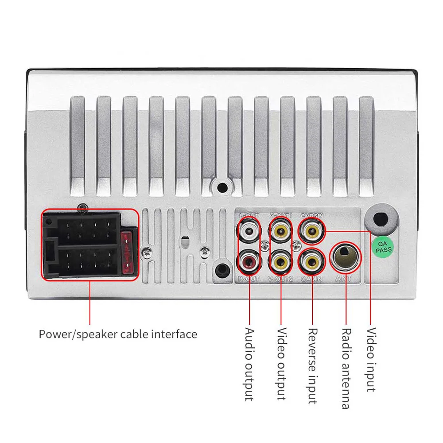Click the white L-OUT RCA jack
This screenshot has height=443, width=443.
click(249, 230)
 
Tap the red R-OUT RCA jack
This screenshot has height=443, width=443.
click(249, 262)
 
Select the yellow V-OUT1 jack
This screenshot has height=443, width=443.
click(280, 230)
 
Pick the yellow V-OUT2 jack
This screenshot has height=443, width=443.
click(280, 262)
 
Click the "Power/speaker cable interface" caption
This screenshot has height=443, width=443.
click(118, 334)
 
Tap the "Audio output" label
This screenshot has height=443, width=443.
click(249, 364)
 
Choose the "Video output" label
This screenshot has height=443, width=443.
click(281, 364)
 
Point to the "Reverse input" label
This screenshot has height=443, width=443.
click(313, 365)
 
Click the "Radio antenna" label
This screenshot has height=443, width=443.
click(346, 368)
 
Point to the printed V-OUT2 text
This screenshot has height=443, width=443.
click(280, 279)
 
